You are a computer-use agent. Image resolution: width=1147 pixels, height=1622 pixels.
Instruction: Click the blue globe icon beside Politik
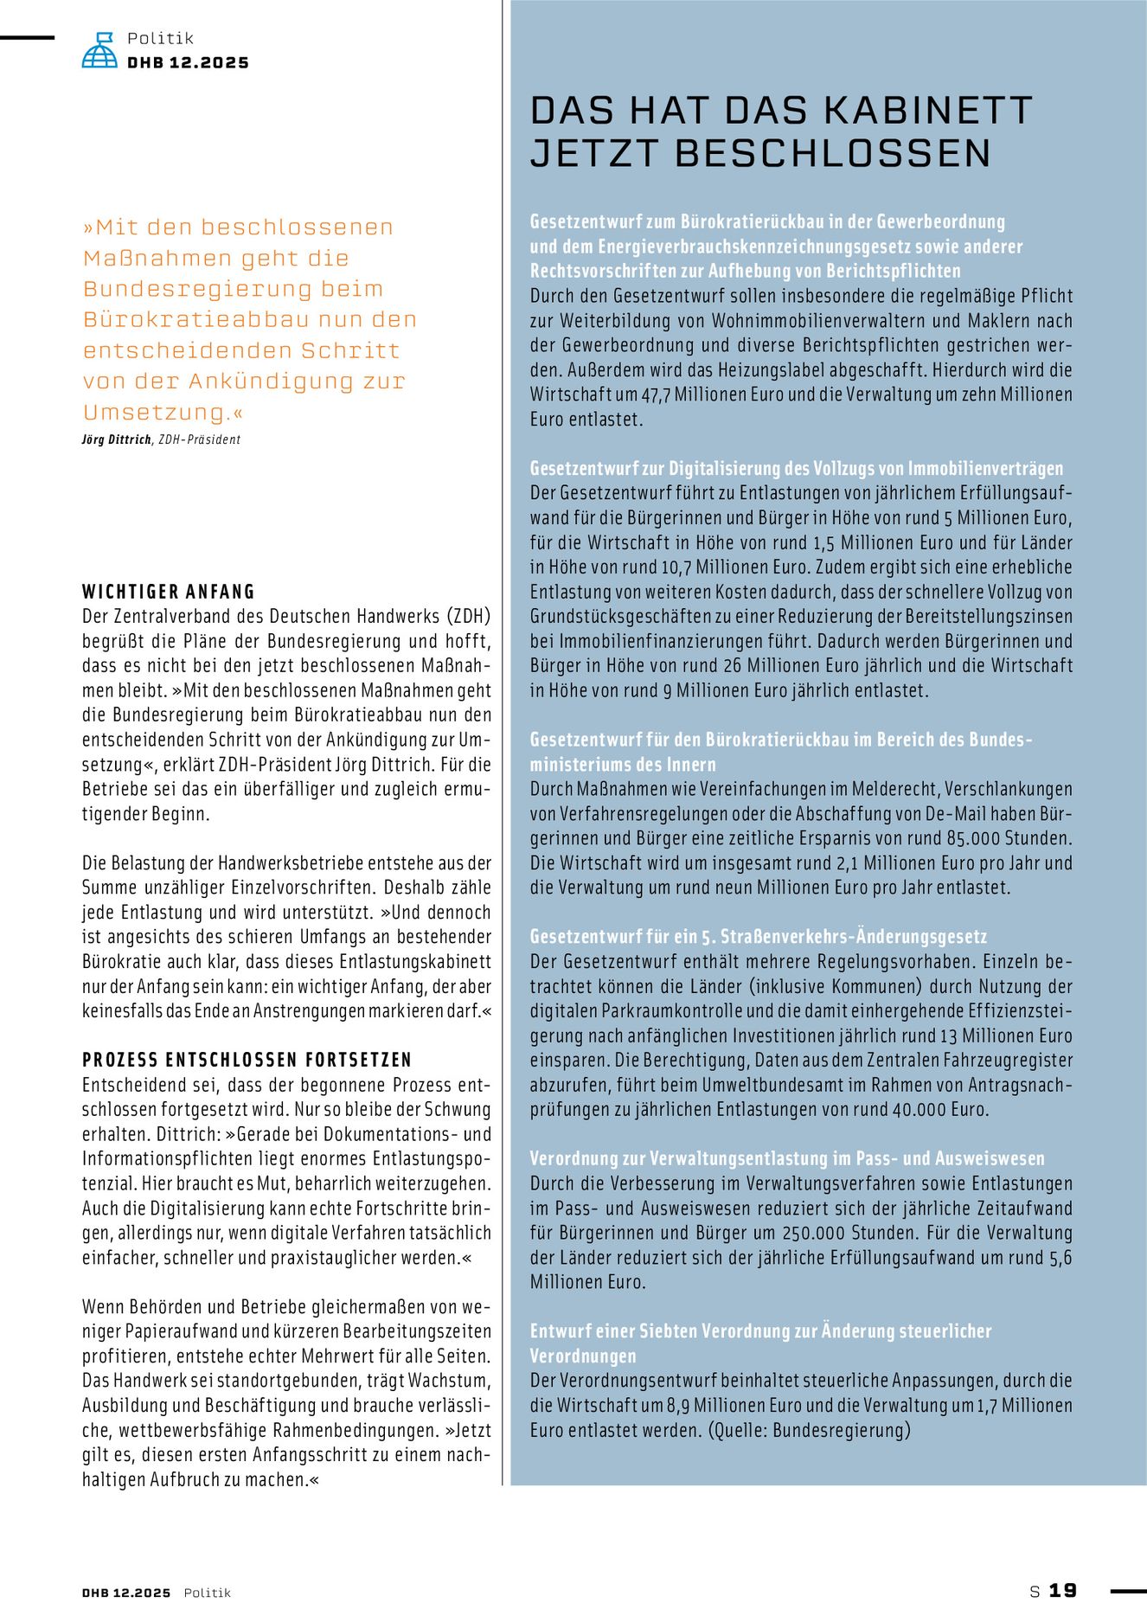[99, 50]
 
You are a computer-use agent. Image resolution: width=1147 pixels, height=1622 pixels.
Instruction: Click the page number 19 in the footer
[1063, 1590]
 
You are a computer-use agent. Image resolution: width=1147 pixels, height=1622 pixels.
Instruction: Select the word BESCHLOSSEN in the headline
[832, 153]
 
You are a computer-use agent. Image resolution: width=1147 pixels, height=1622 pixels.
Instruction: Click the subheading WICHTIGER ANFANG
[169, 592]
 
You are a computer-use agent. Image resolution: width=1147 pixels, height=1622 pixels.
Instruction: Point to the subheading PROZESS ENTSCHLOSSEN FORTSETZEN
[247, 1060]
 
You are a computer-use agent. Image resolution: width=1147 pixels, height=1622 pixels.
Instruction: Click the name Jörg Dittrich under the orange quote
[117, 439]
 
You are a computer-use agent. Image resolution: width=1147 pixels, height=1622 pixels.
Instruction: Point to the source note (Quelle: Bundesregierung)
[809, 1430]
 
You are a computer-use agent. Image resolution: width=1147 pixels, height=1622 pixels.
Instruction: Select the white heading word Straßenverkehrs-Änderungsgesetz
[854, 937]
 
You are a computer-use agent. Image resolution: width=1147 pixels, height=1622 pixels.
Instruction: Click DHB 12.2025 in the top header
[188, 63]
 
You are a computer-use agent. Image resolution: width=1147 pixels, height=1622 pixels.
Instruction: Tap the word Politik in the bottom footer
[208, 1593]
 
